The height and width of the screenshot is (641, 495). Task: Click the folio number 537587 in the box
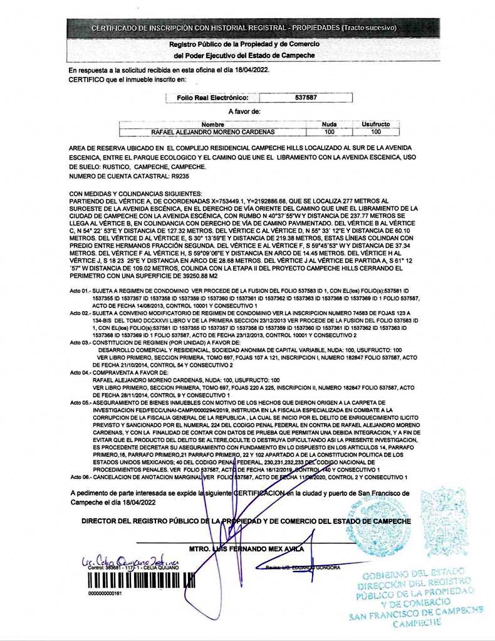[x=305, y=98]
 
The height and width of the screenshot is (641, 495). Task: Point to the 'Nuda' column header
[x=329, y=124]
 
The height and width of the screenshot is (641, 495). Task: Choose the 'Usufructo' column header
[x=376, y=124]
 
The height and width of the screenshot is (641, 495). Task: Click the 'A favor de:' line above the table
[x=244, y=111]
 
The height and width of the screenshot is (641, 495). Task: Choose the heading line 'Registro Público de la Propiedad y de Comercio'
[x=244, y=44]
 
